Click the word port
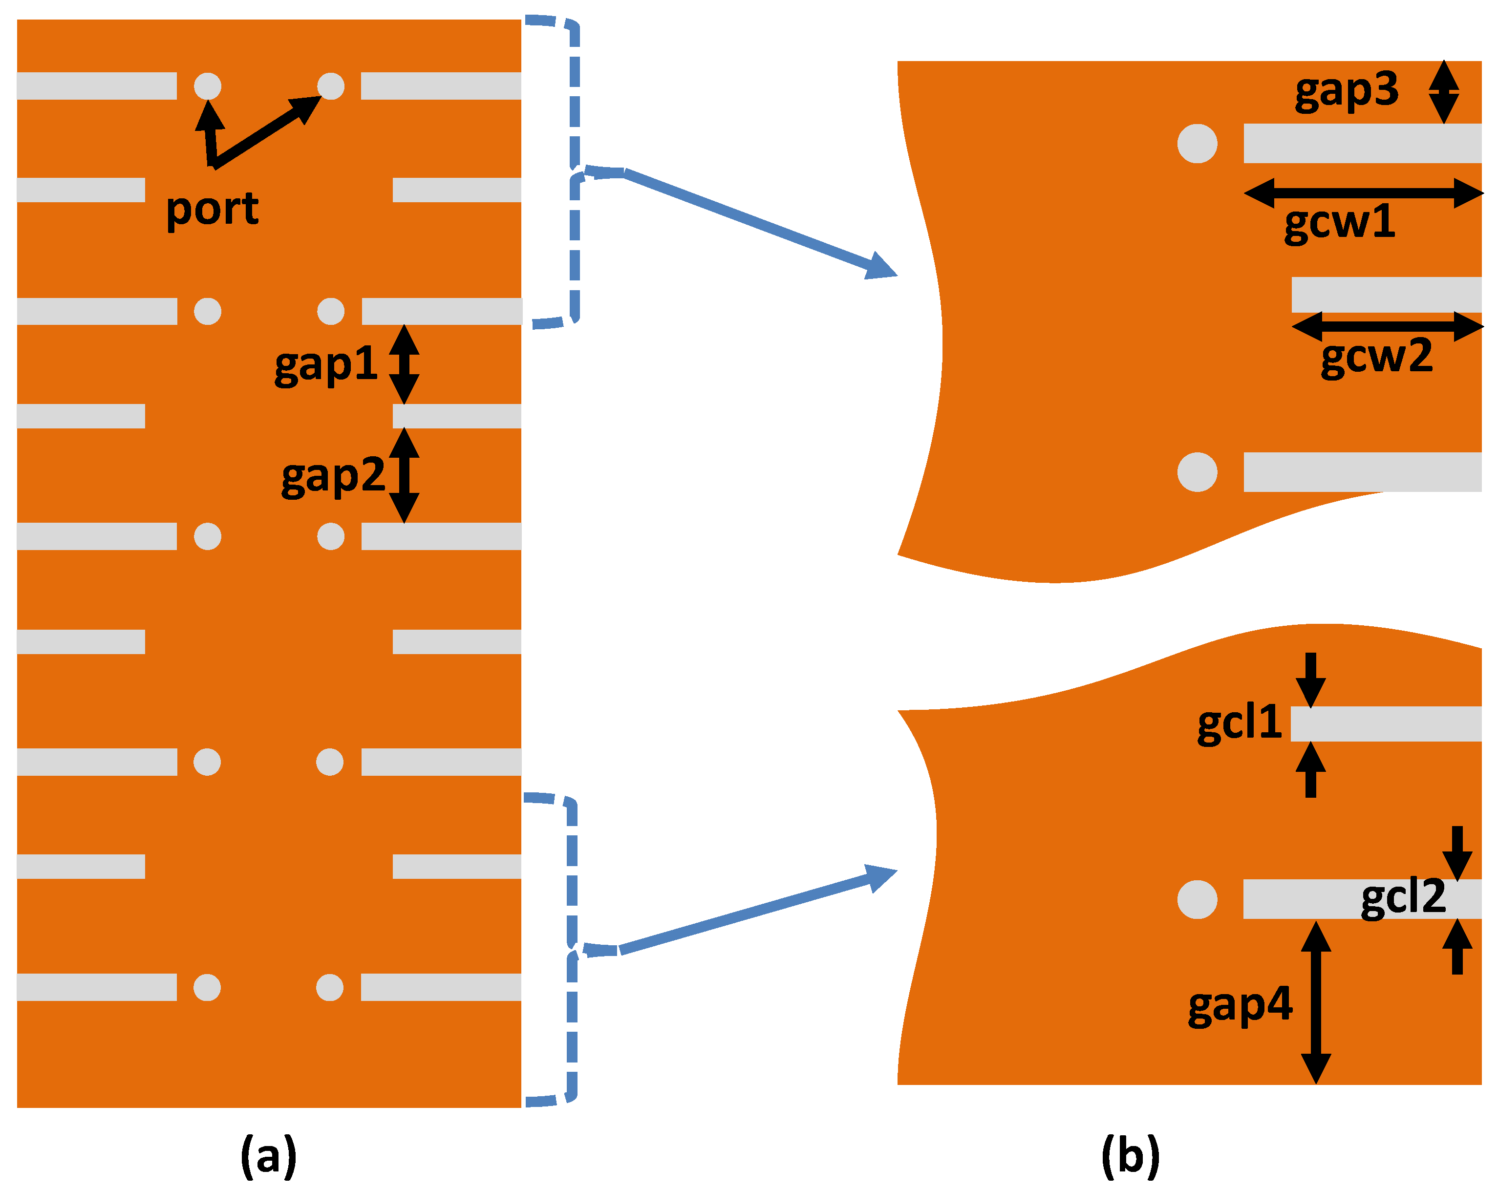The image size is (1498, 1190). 212,209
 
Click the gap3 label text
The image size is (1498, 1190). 1346,91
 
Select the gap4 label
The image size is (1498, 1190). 1240,1005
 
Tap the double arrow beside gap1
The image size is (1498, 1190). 404,364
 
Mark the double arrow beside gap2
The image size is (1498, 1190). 404,476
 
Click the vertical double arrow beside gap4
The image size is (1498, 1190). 1315,1002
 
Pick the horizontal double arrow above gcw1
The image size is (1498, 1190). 1363,193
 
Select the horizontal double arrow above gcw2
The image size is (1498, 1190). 1387,326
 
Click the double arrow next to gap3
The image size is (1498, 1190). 1443,91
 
